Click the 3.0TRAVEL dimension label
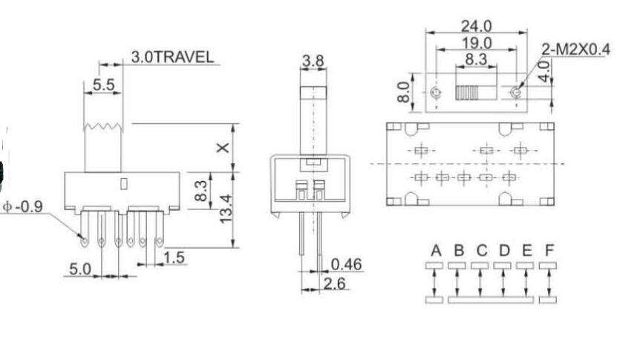(x=172, y=56)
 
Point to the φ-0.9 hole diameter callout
(x=22, y=206)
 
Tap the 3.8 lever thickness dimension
(x=313, y=62)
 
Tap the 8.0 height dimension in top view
(x=405, y=92)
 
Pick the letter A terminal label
(x=435, y=250)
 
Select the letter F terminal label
(x=549, y=250)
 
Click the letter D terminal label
(x=504, y=250)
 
